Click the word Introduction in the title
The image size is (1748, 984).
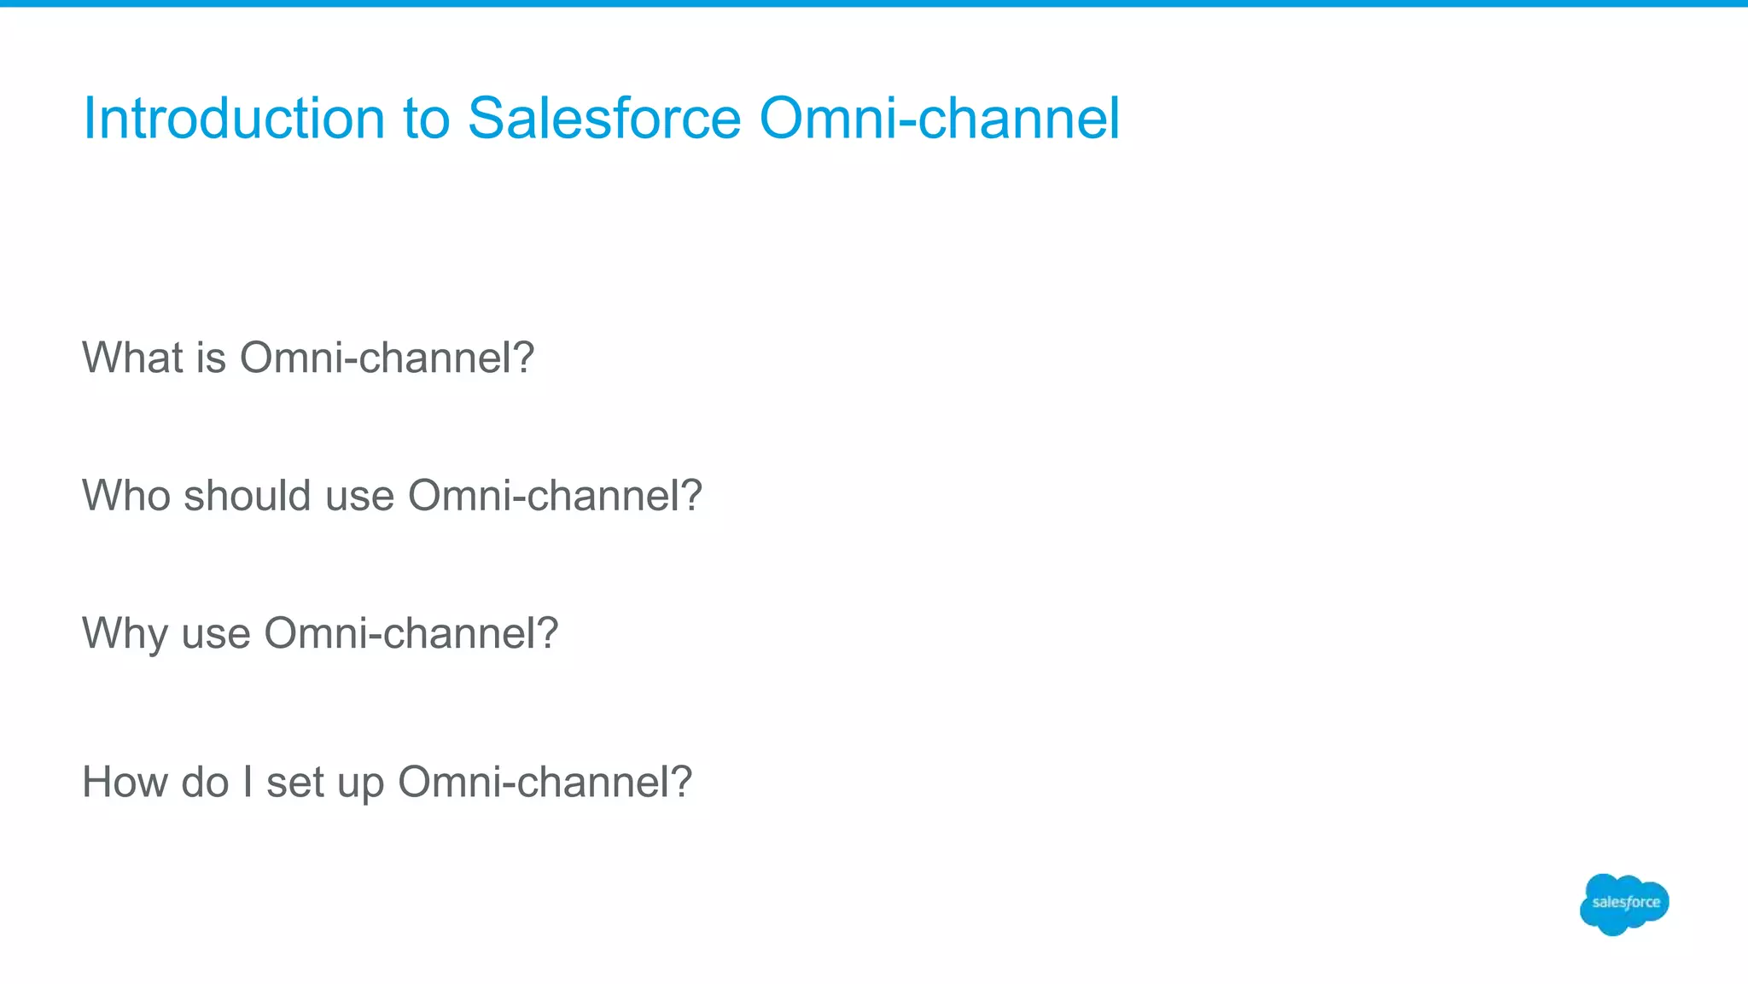(x=233, y=118)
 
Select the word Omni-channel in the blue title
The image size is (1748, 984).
(x=939, y=118)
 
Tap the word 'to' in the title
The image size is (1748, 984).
(x=426, y=119)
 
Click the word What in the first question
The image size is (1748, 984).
(x=132, y=357)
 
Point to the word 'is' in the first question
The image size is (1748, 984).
(x=211, y=357)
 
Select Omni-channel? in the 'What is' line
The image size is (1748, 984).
(x=387, y=357)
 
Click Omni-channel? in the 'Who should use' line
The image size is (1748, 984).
(x=555, y=495)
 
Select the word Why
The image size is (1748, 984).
(x=125, y=633)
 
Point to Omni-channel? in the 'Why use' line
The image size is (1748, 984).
(x=411, y=633)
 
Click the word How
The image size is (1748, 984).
(x=125, y=782)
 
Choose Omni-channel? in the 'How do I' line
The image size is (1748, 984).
(x=545, y=782)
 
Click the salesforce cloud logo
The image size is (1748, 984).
(x=1624, y=904)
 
